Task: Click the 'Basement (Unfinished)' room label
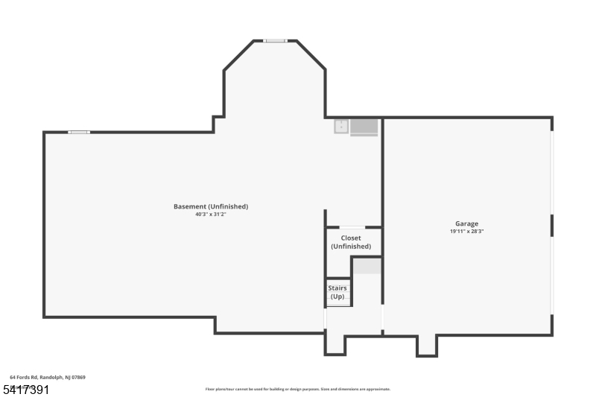tap(211, 206)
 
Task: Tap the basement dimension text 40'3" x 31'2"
tap(211, 215)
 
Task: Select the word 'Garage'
tap(467, 223)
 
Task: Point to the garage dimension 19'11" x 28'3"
tap(467, 232)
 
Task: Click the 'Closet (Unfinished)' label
tap(351, 242)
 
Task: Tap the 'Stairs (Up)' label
tap(337, 292)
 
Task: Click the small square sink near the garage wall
tap(341, 127)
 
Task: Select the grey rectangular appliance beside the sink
tap(364, 127)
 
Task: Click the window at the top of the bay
tap(275, 41)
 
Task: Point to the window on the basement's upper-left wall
tap(79, 133)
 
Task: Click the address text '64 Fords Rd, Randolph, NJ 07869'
tap(48, 378)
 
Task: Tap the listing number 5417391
tap(26, 389)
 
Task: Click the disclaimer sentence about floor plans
tap(298, 389)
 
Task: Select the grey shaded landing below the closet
tap(367, 267)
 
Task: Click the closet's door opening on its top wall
tap(352, 227)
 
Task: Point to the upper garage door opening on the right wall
tap(552, 173)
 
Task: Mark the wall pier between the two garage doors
tap(552, 225)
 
